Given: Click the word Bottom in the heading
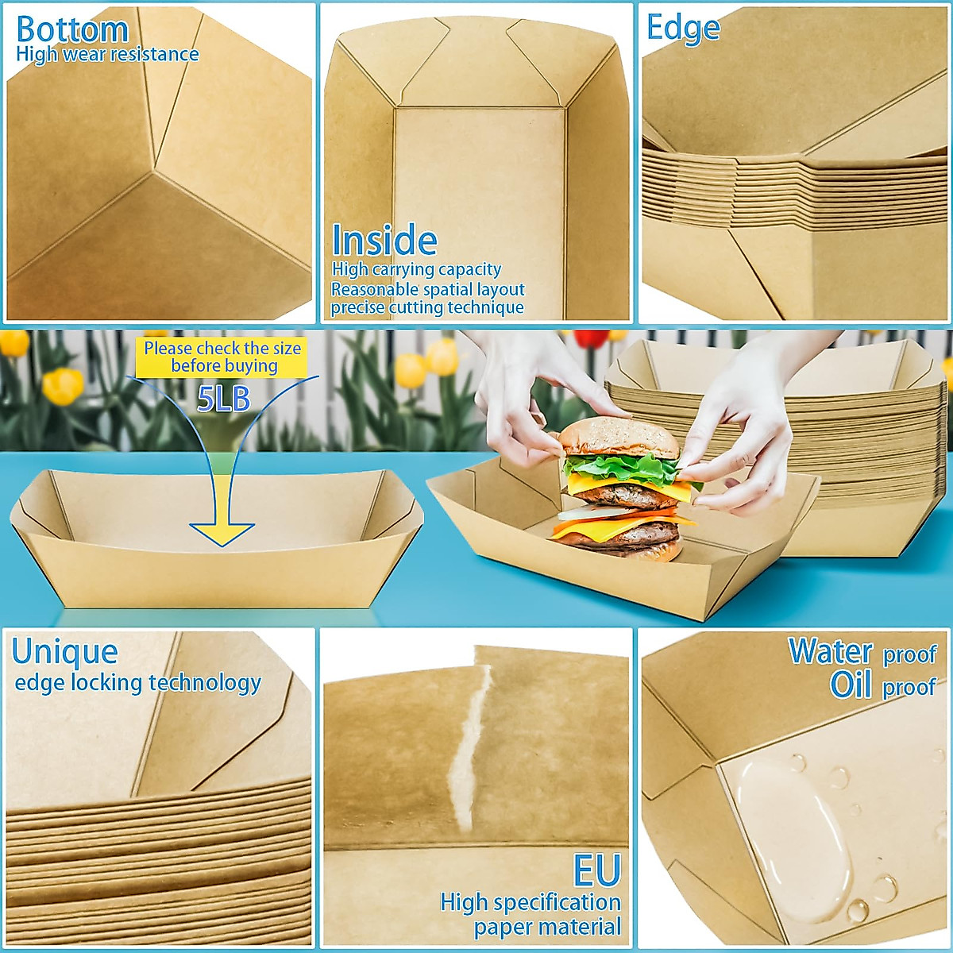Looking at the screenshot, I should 72,29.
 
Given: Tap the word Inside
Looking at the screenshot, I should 384,241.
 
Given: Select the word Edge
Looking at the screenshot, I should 683,28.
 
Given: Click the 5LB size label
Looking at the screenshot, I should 223,399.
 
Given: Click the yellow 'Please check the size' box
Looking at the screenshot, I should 222,357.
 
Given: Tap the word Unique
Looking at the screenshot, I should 65,652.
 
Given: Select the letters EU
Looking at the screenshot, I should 596,871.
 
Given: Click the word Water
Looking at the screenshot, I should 831,651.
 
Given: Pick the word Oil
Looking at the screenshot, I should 851,685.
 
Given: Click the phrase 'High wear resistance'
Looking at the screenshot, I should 107,55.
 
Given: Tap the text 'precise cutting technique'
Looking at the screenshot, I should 427,308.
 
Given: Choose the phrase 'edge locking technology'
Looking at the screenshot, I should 138,683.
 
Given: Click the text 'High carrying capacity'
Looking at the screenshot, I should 416,270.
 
